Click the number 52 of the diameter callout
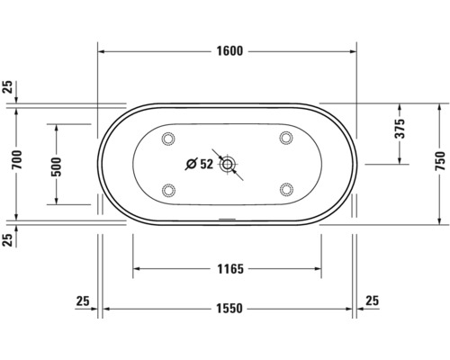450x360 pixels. [206, 164]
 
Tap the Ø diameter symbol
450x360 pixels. [191, 164]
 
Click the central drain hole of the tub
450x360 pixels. [228, 164]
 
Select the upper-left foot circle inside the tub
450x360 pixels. [168, 139]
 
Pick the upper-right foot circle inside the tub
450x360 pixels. [286, 139]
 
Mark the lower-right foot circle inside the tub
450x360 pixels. [286, 189]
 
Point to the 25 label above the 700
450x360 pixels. [8, 87]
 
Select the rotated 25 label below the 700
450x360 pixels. [8, 238]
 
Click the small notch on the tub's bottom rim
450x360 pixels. [228, 219]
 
